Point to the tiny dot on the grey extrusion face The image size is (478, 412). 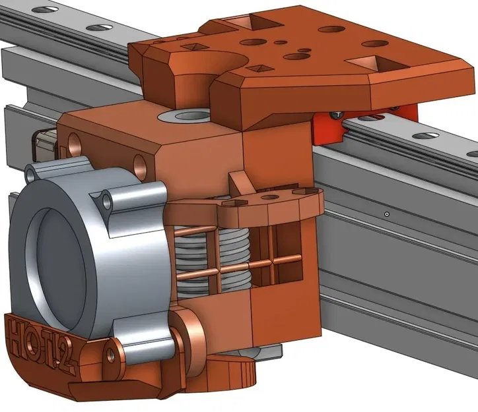click(387, 214)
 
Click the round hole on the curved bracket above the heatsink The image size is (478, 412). click(268, 196)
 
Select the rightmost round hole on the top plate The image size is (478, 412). click(375, 44)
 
